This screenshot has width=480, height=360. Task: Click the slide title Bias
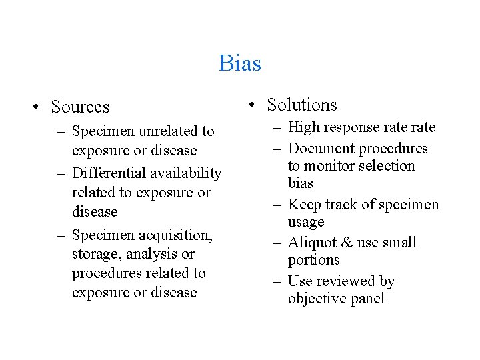(x=240, y=63)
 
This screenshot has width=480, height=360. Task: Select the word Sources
(x=80, y=107)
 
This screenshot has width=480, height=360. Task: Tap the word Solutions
(x=302, y=105)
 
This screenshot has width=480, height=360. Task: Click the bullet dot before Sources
(x=40, y=107)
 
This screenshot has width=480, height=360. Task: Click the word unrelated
(x=167, y=131)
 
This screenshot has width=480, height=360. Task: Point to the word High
(x=304, y=127)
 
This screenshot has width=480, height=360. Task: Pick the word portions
(x=313, y=261)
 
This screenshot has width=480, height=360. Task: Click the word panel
(x=366, y=299)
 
